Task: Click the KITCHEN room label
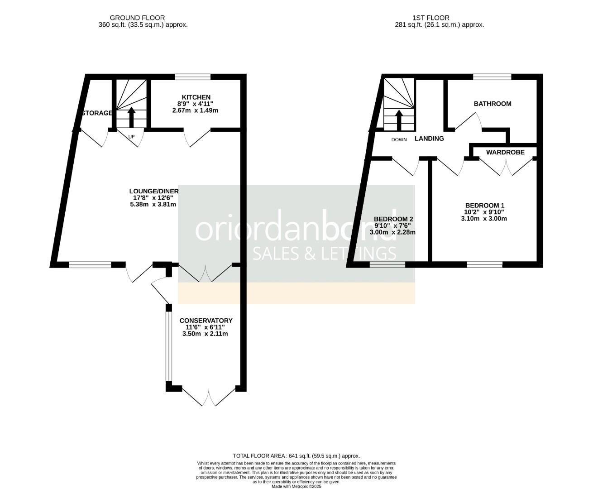click(196, 97)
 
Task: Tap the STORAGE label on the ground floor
click(97, 113)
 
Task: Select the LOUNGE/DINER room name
click(154, 191)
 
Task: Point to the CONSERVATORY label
click(206, 321)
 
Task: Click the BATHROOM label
click(493, 104)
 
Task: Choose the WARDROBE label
click(505, 153)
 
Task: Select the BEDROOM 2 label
click(393, 219)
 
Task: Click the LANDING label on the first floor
click(429, 139)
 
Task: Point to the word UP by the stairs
click(131, 136)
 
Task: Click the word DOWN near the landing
click(399, 139)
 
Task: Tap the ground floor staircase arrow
click(131, 117)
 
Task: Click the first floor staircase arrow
click(399, 119)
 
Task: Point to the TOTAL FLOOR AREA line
click(296, 456)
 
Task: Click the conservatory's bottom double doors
click(209, 396)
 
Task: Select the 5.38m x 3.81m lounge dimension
click(153, 204)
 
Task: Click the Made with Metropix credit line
click(296, 486)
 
